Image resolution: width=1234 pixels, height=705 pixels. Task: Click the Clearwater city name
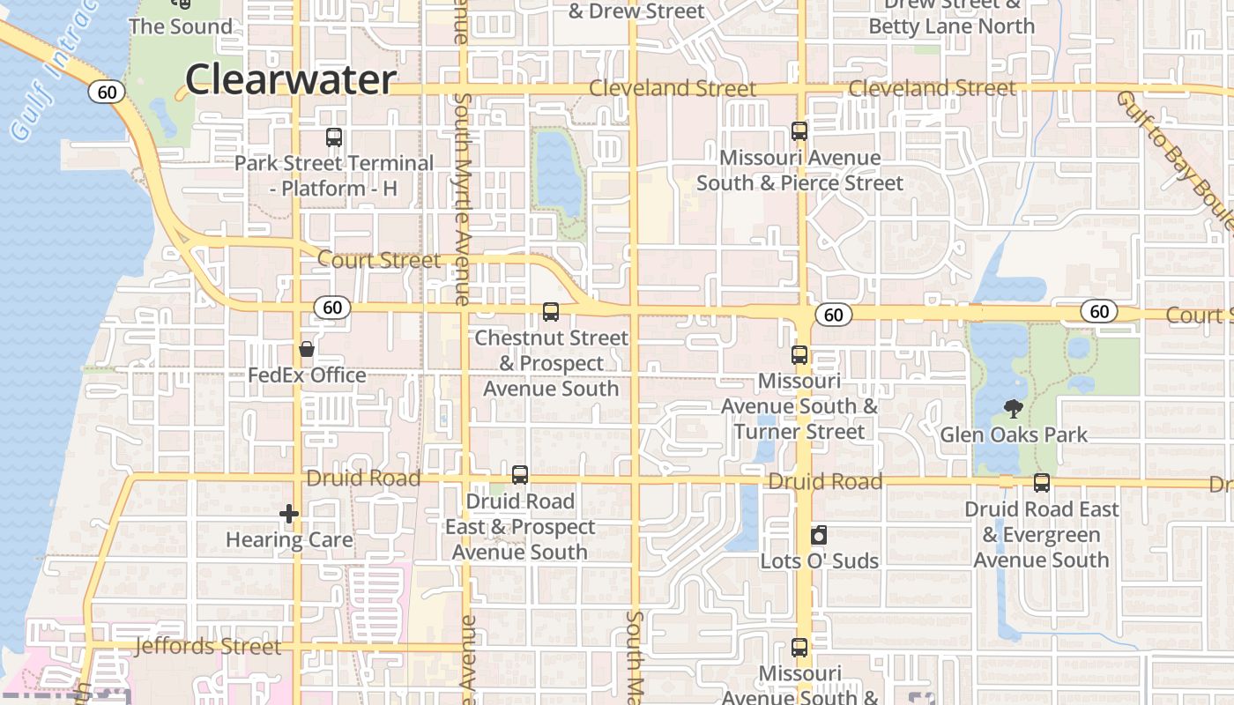[290, 79]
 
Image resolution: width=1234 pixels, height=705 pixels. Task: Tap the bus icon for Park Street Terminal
[334, 137]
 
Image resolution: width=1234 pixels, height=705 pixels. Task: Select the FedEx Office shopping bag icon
[307, 350]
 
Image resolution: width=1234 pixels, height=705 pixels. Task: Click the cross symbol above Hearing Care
[289, 514]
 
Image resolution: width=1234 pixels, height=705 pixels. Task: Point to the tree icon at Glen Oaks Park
[1014, 409]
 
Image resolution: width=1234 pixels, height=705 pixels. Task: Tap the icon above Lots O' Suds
[819, 535]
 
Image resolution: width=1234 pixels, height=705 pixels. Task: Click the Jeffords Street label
[208, 646]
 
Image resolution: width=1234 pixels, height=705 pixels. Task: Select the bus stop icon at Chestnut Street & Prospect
[551, 312]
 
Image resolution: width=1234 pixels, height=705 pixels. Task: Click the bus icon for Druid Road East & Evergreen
[1042, 483]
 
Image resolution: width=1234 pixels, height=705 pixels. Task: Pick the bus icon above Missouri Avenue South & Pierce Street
[799, 131]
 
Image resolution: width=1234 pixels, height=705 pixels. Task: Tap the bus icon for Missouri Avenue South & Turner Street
[799, 356]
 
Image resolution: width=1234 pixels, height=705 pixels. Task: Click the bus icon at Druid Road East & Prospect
[520, 475]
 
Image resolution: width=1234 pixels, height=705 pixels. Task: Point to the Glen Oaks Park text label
[1014, 434]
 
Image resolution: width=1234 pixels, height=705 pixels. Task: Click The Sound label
[181, 26]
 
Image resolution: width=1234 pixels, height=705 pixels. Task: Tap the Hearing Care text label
[289, 539]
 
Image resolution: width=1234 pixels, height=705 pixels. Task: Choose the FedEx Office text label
[307, 375]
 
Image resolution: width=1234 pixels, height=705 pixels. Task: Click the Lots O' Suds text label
[820, 560]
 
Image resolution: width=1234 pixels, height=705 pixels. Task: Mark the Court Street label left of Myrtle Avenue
[379, 260]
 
